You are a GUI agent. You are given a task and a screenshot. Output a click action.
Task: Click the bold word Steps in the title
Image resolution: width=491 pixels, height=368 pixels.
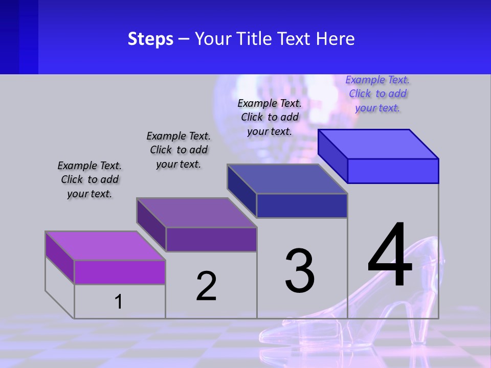click(150, 39)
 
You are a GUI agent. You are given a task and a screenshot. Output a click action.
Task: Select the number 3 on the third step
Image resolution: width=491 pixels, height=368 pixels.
click(299, 271)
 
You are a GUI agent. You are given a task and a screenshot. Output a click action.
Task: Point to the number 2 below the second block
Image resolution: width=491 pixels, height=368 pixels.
click(206, 286)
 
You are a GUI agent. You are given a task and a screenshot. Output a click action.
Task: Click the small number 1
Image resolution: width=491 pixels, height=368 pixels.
click(118, 302)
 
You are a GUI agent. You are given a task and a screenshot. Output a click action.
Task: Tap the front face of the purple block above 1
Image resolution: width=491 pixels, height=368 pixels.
click(120, 272)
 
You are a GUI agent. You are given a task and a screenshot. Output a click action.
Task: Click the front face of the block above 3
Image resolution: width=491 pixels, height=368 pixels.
click(302, 205)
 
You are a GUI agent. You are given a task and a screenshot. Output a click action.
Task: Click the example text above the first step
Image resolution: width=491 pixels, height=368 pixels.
click(90, 179)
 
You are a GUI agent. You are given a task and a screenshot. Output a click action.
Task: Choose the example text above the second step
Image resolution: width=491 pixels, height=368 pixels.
click(178, 150)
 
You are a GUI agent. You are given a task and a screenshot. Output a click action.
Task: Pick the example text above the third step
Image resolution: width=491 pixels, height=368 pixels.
click(270, 117)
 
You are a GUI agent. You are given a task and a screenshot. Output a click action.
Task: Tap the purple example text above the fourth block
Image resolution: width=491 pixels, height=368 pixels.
click(377, 94)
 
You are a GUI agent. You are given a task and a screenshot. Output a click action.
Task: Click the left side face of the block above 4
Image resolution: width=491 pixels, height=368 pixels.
click(333, 156)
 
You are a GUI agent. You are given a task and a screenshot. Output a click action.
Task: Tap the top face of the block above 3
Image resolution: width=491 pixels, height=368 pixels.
click(287, 179)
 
